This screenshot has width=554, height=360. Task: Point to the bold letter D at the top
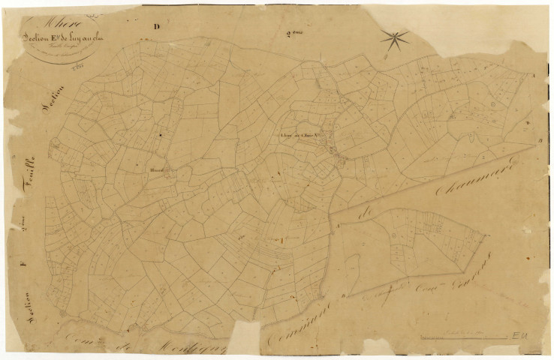pos(157,28)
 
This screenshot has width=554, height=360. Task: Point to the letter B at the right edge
pos(539,140)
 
